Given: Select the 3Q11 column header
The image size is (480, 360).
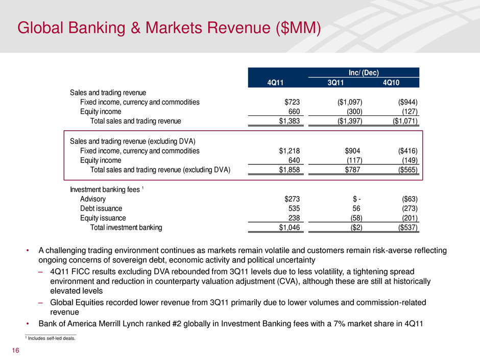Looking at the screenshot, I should point(348,83).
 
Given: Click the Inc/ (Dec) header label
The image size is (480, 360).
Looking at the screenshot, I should point(364,73).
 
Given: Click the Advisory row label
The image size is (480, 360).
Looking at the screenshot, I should point(94,199).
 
